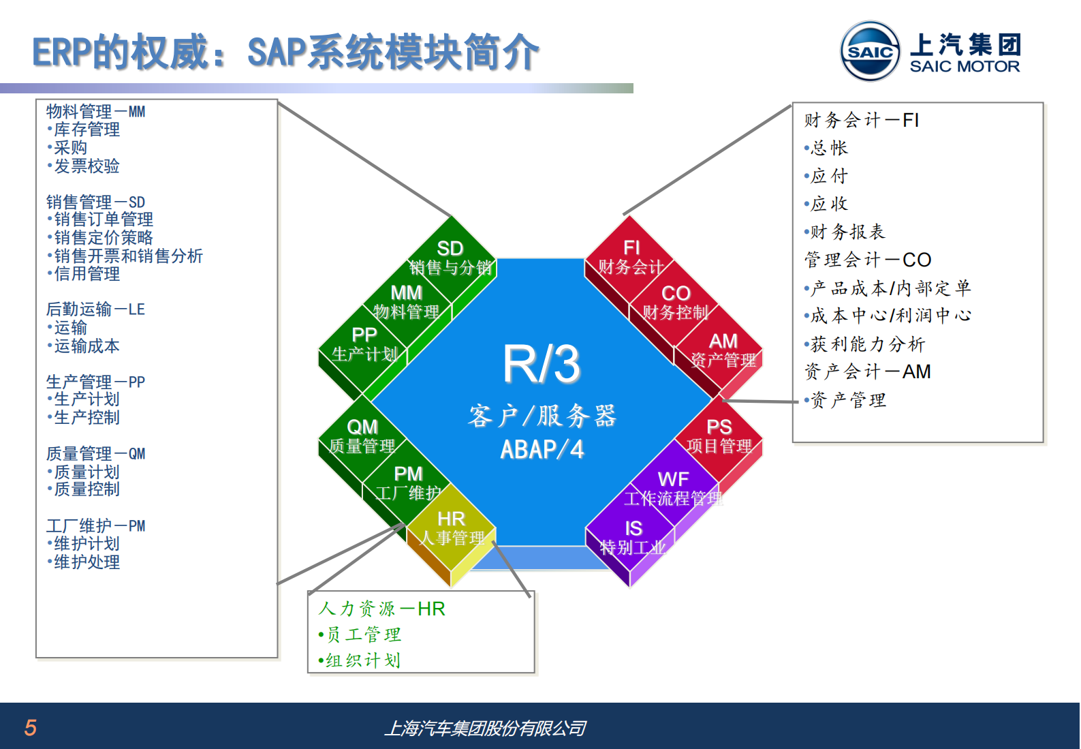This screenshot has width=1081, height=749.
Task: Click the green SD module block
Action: click(x=450, y=258)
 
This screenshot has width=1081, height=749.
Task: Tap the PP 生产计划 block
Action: click(x=364, y=345)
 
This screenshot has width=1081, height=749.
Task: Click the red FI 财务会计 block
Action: click(x=631, y=258)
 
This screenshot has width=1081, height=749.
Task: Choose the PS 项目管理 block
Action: click(x=719, y=437)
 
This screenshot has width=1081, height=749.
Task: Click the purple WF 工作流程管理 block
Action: click(x=673, y=489)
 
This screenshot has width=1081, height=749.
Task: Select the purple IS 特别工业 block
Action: click(x=633, y=538)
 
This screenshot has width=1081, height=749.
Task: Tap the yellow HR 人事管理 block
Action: click(x=451, y=529)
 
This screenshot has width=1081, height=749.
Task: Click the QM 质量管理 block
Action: click(x=362, y=437)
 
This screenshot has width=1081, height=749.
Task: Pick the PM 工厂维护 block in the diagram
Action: click(x=408, y=483)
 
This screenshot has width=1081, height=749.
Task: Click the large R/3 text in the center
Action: click(x=542, y=364)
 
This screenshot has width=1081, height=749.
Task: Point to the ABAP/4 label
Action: click(x=542, y=450)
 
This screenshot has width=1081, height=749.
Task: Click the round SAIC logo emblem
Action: click(x=870, y=51)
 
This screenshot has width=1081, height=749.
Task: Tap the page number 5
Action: click(x=30, y=728)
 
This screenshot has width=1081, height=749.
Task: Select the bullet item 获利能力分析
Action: click(x=867, y=344)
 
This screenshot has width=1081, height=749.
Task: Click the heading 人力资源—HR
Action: click(x=381, y=609)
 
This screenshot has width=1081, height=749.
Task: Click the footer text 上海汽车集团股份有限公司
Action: click(x=485, y=729)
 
